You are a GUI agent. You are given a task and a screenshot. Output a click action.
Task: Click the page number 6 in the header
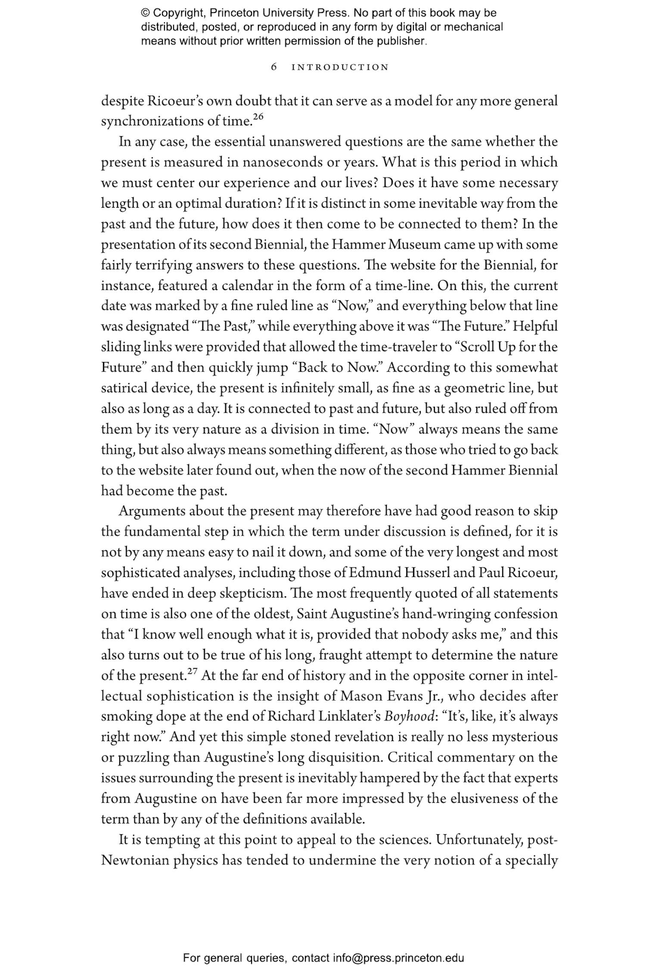[273, 67]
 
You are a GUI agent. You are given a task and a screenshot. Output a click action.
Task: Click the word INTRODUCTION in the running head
[340, 67]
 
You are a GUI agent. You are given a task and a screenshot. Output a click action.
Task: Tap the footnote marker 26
[258, 116]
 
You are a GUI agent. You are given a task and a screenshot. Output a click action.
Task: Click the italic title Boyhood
[409, 717]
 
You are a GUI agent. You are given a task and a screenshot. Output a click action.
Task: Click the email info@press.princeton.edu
[398, 958]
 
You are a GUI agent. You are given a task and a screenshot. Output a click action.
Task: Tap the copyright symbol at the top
[145, 13]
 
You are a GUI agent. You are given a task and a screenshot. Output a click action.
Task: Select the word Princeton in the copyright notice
[233, 13]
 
